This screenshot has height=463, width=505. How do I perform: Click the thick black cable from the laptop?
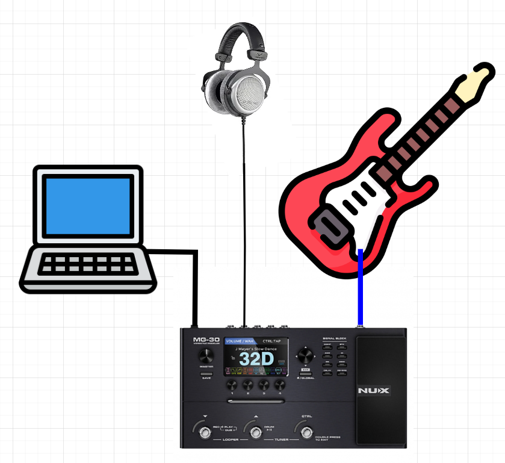194,283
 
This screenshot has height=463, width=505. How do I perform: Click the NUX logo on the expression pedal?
374,391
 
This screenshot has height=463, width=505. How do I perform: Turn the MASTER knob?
206,355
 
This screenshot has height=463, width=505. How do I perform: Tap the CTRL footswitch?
306,430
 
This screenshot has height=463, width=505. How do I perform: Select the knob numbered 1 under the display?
231,386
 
